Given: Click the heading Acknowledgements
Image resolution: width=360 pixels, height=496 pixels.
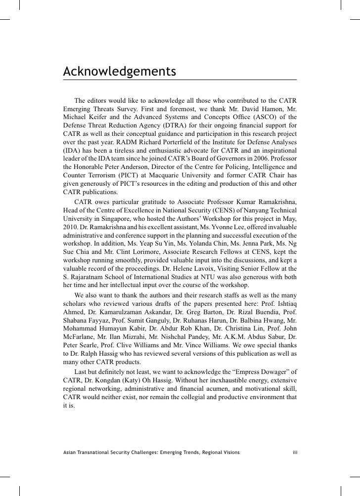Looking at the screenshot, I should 119,71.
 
